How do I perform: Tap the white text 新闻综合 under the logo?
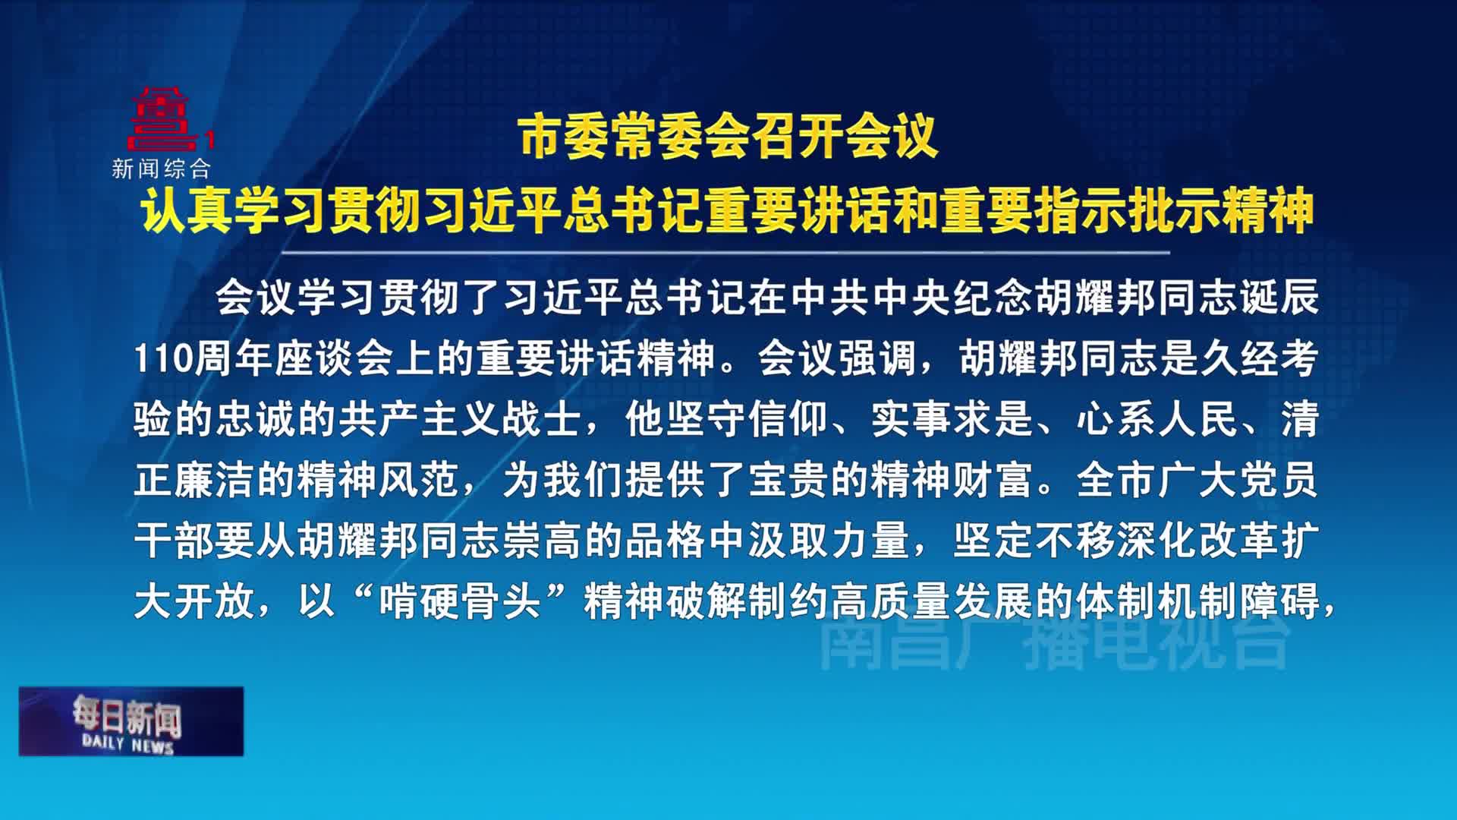(x=161, y=169)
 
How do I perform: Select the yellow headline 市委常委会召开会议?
(x=729, y=137)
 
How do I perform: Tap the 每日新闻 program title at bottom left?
(x=127, y=714)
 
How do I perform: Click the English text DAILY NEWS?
(x=128, y=743)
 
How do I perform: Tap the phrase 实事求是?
(x=952, y=419)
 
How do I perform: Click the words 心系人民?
(x=1157, y=419)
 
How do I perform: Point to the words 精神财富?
(x=952, y=480)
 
